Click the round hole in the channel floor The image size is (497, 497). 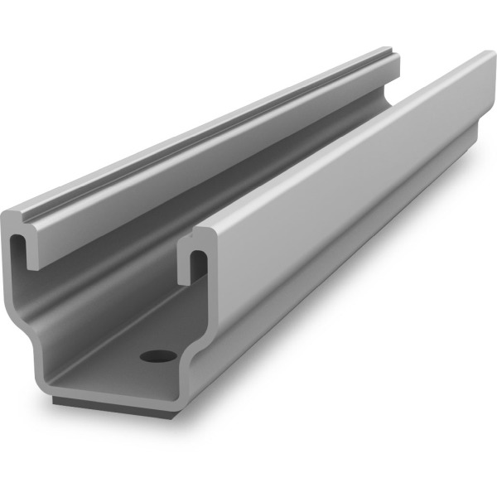click(158, 356)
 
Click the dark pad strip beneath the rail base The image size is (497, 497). click(124, 403)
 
